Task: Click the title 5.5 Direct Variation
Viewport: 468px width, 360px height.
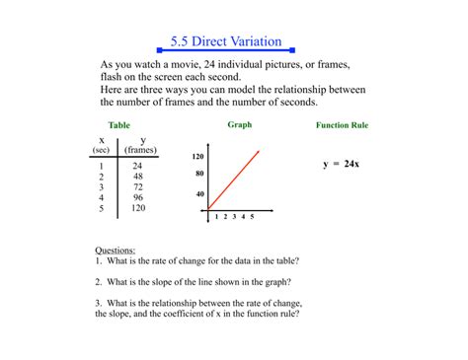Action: pyautogui.click(x=225, y=42)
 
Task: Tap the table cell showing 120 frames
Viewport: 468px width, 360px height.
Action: pyautogui.click(x=138, y=208)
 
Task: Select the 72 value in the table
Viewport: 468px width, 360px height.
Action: pyautogui.click(x=138, y=186)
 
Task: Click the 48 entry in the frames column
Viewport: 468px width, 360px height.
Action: pyautogui.click(x=138, y=176)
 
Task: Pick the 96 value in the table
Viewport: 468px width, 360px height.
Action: pyautogui.click(x=138, y=197)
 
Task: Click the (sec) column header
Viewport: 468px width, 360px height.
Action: pyautogui.click(x=101, y=150)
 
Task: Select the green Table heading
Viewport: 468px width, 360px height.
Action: pyautogui.click(x=119, y=125)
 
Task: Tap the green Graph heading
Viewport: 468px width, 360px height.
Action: pyautogui.click(x=240, y=125)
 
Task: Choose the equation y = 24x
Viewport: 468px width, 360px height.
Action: pyautogui.click(x=341, y=164)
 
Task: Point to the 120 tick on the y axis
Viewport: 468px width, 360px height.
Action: pyautogui.click(x=196, y=158)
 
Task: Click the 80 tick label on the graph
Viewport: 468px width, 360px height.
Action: pyautogui.click(x=198, y=174)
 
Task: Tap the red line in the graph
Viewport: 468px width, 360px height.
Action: pyautogui.click(x=235, y=179)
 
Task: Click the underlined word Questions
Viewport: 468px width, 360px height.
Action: pyautogui.click(x=115, y=251)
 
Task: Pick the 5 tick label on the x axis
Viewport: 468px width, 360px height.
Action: pyautogui.click(x=252, y=215)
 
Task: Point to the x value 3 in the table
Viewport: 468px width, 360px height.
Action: pyautogui.click(x=101, y=186)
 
